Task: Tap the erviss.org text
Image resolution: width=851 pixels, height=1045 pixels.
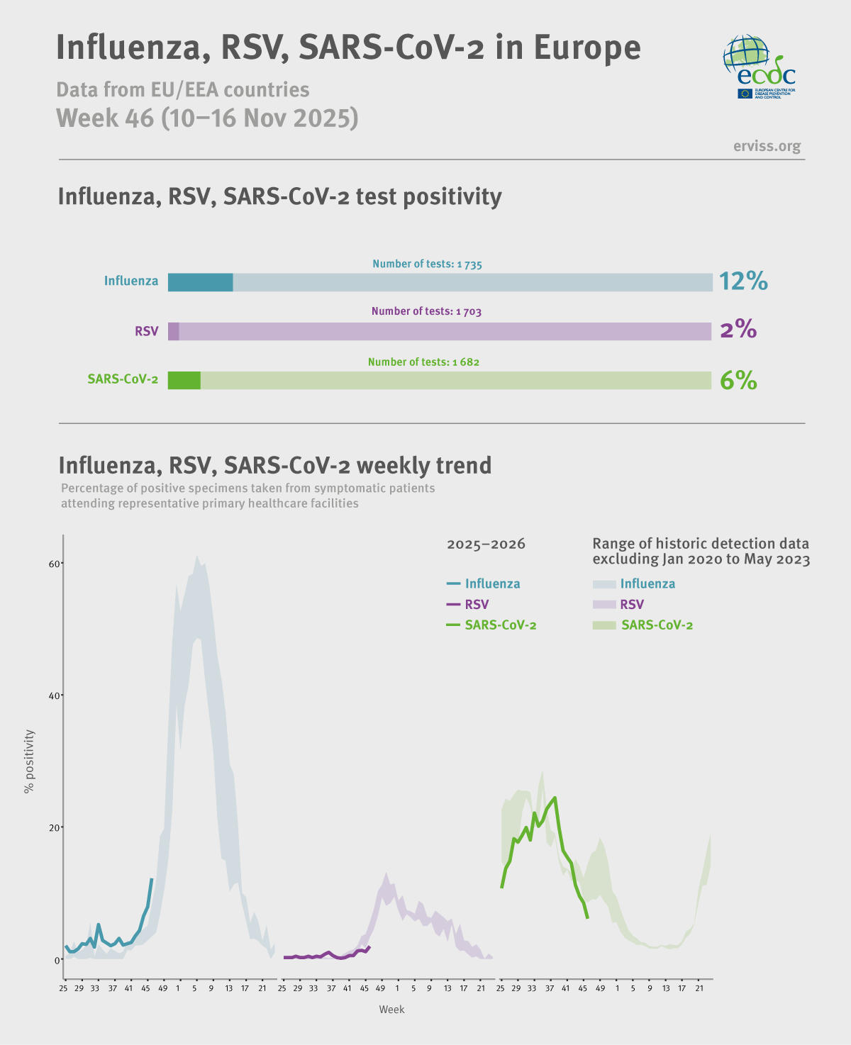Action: pos(767,146)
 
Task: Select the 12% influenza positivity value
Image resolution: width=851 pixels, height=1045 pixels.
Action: pos(743,281)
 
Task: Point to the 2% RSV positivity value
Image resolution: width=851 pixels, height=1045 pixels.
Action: pos(738,330)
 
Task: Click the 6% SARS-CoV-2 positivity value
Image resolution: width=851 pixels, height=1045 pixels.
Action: pos(738,381)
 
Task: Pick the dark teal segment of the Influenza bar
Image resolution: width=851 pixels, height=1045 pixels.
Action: pos(200,282)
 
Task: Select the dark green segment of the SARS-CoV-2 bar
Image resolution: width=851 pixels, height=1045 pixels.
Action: pos(184,381)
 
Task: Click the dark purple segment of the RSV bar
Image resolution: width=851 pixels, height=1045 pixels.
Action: pos(173,331)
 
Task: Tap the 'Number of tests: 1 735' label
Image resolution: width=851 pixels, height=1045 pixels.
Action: pos(427,264)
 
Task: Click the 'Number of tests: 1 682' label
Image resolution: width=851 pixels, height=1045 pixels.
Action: pos(423,362)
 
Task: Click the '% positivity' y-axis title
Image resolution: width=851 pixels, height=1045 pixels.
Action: pos(29,761)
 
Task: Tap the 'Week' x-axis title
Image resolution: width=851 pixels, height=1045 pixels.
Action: pos(391,1010)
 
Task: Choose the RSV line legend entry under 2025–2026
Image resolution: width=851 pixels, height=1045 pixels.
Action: pos(468,605)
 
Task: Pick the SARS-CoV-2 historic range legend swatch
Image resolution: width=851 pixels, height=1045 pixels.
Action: pos(604,625)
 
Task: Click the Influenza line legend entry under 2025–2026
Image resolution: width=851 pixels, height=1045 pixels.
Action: pos(484,584)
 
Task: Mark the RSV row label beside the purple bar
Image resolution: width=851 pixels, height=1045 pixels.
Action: pos(147,331)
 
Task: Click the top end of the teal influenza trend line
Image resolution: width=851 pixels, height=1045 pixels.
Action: pos(152,880)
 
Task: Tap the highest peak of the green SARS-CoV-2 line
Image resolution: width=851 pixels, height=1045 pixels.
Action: pos(555,798)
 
